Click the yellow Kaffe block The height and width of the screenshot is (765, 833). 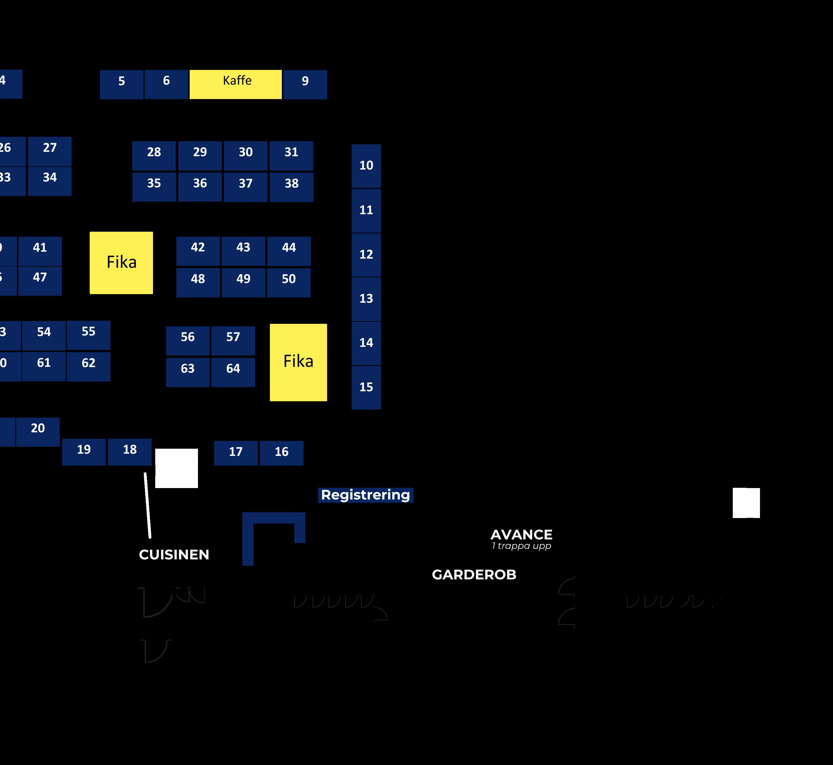click(236, 84)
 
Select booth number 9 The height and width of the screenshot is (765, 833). click(305, 84)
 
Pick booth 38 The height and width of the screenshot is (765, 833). click(292, 187)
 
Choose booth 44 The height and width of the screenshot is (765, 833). click(289, 251)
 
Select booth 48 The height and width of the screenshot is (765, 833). click(198, 282)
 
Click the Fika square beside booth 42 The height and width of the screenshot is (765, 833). click(121, 262)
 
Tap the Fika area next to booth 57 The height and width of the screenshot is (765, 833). click(298, 362)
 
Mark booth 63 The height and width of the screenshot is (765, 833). click(188, 372)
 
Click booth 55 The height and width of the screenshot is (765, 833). click(89, 335)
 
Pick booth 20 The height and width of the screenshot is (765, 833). click(38, 432)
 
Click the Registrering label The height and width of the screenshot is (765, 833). click(365, 495)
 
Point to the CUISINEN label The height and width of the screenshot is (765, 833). click(174, 555)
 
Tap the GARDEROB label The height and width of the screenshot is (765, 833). click(474, 575)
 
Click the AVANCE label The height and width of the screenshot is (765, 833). click(521, 535)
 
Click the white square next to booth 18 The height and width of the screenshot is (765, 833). click(177, 468)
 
